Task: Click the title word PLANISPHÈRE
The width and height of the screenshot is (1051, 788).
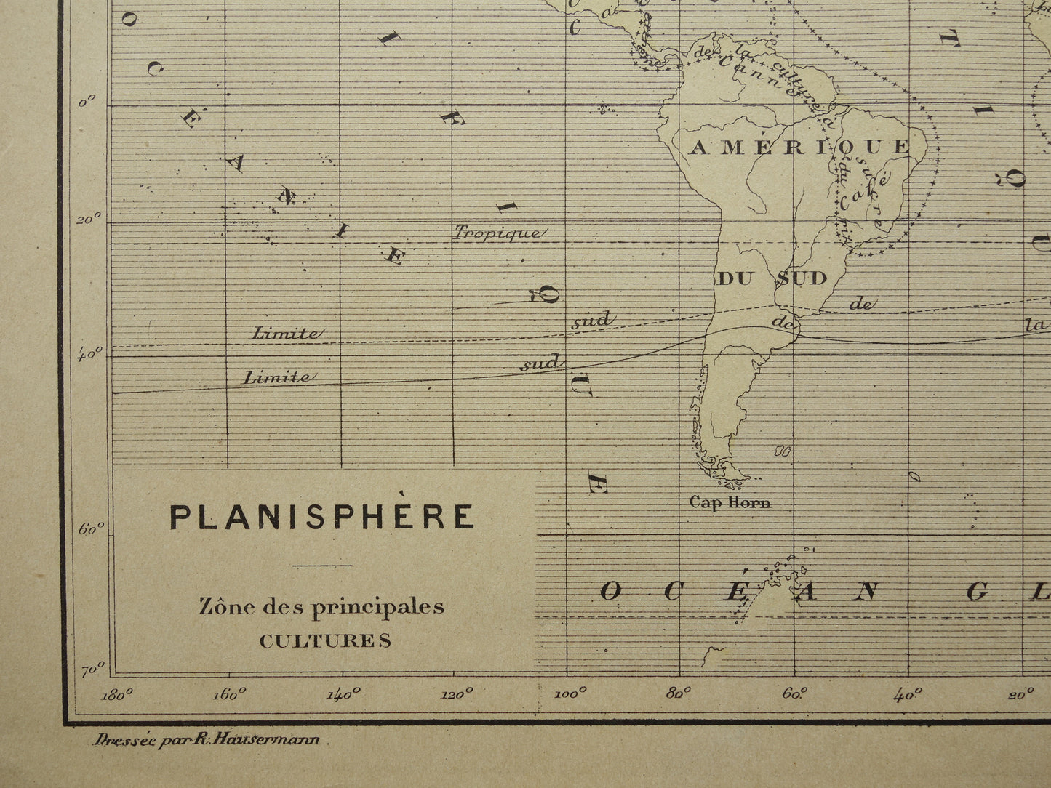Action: point(322,516)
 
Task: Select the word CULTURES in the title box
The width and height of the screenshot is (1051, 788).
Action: point(325,640)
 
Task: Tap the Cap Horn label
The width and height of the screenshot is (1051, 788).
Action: point(730,502)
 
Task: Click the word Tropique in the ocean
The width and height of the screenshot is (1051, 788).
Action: point(497,233)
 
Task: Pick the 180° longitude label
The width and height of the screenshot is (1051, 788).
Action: point(118,694)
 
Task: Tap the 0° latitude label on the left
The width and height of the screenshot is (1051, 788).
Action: point(88,103)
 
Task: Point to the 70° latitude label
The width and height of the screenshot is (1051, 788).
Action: point(92,670)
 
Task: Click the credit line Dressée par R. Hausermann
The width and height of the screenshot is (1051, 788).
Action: point(210,741)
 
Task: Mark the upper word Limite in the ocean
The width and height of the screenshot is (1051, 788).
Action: point(284,334)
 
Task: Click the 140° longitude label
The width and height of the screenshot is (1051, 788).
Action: point(344,694)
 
